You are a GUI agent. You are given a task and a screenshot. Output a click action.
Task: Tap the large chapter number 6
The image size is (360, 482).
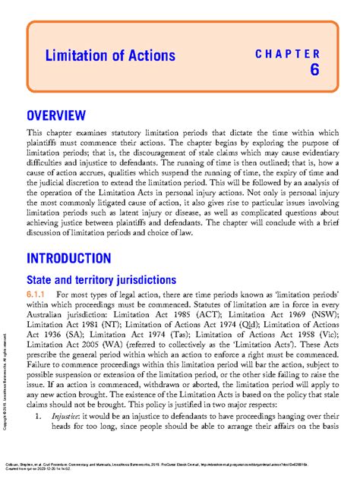pos(314,71)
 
